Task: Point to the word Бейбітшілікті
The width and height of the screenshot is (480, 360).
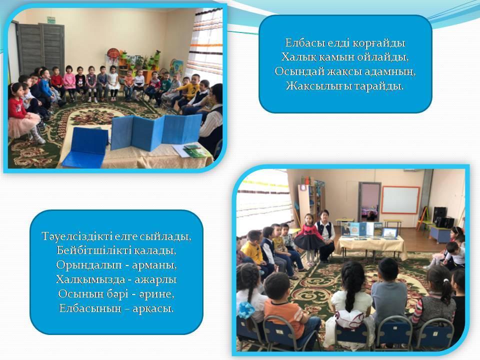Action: click(x=93, y=250)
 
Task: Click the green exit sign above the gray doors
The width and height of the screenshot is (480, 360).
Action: click(x=51, y=20)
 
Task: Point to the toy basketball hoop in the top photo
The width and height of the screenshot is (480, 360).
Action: click(x=112, y=53)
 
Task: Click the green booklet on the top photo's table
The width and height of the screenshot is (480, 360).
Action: click(x=194, y=151)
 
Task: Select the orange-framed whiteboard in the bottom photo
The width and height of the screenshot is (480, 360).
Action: click(x=400, y=200)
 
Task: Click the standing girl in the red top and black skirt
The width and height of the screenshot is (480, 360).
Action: click(x=308, y=238)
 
